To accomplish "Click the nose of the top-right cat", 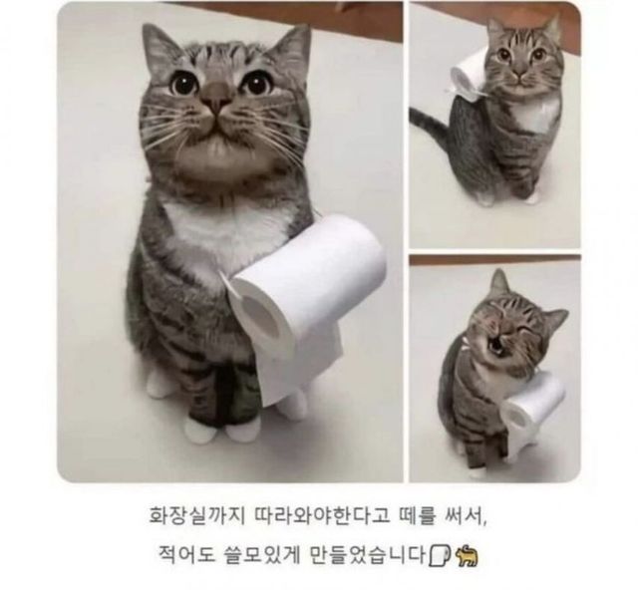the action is pyautogui.click(x=517, y=73).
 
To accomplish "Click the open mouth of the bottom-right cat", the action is pyautogui.click(x=496, y=345).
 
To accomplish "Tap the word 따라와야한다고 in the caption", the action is pyautogui.click(x=321, y=515).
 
